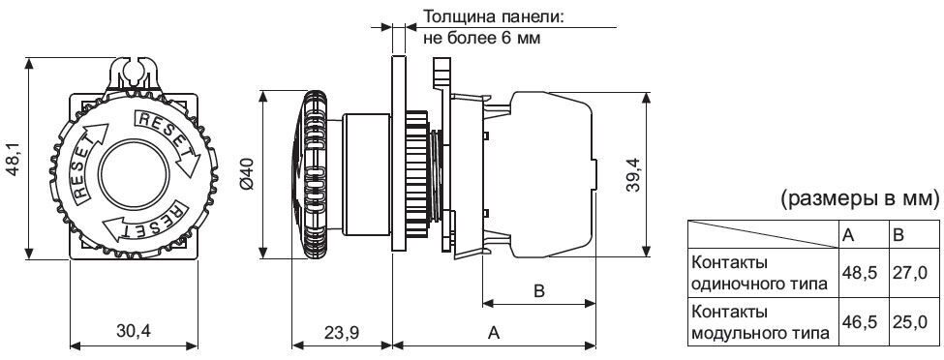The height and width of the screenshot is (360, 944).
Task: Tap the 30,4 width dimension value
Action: pos(133,331)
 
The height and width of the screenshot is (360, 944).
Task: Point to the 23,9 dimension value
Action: pos(342,331)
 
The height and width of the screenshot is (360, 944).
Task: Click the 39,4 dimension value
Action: pos(631,174)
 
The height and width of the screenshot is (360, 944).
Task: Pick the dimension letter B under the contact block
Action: pos(539,291)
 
